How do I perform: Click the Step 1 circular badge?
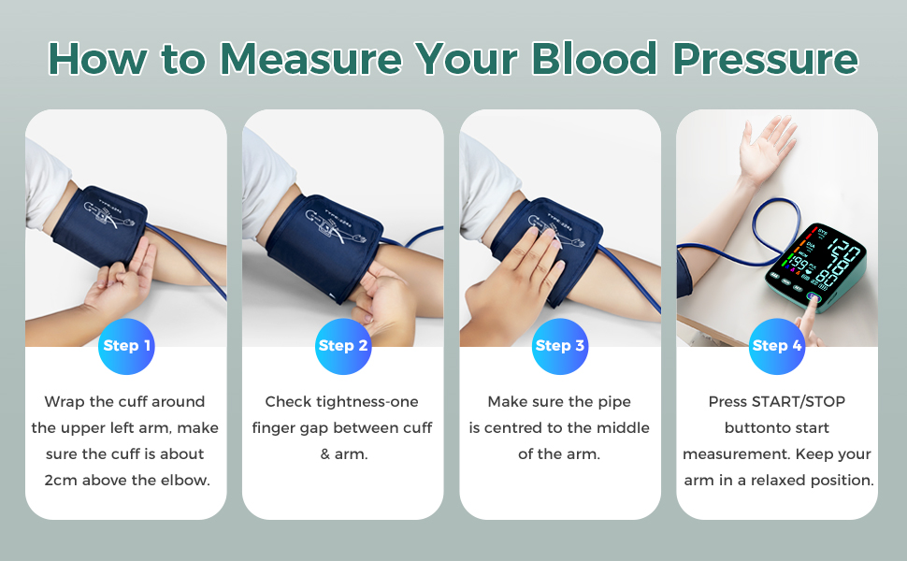126,346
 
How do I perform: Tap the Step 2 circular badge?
343,346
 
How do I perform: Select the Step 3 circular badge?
560,346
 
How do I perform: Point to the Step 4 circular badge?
777,346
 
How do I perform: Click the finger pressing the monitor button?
806,323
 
